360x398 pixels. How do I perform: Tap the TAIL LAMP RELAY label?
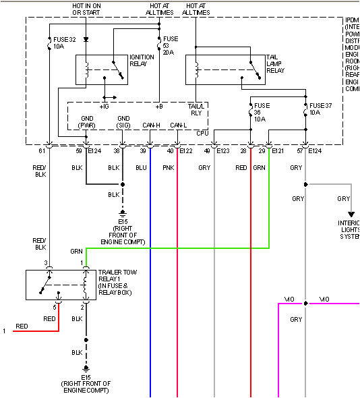tap(274, 63)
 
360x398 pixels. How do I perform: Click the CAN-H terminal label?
tap(152, 125)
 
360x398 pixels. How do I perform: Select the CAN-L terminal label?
tap(179, 125)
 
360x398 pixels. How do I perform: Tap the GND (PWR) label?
tap(87, 121)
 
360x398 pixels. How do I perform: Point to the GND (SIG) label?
tap(123, 121)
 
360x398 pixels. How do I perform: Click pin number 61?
tap(49, 151)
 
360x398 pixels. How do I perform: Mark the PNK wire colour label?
tap(169, 167)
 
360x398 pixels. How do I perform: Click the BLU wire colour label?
tap(141, 167)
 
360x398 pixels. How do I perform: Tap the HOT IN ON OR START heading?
tap(87, 8)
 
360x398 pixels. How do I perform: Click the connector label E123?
tap(223, 151)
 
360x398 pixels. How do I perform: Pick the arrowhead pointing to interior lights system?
tap(351, 215)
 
